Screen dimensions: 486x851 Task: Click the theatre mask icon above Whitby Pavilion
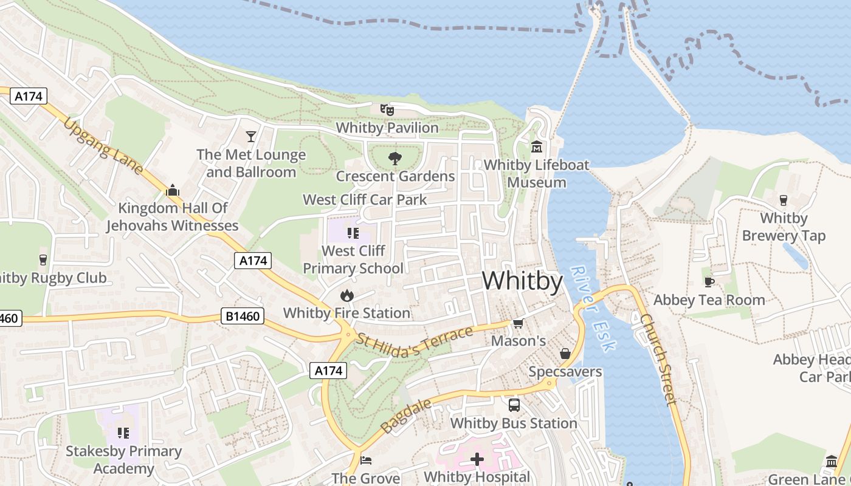pos(387,110)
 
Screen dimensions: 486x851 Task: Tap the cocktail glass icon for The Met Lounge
pos(251,136)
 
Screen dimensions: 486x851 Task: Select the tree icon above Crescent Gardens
pos(395,159)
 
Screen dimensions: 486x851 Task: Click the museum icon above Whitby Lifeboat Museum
pos(537,147)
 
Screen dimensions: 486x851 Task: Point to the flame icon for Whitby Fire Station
pos(346,295)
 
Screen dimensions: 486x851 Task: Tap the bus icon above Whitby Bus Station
pos(514,405)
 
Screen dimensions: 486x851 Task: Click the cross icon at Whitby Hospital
pos(477,459)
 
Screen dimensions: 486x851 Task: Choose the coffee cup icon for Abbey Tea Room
pos(709,282)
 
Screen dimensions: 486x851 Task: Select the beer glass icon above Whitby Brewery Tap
pos(784,200)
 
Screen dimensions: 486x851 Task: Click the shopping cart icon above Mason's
pos(518,323)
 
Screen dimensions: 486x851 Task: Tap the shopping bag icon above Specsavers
pos(565,354)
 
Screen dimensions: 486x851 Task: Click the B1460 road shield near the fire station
pos(242,317)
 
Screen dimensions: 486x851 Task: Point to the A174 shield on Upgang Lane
pos(28,96)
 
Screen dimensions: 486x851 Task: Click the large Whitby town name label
pos(522,282)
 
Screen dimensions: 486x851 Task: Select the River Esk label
pos(594,309)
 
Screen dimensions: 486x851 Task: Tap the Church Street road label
pos(658,358)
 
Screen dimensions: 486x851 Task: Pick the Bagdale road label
pos(407,416)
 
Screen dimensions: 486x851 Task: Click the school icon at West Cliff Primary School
pos(353,233)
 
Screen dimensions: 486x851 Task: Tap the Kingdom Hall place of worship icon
pos(173,190)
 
